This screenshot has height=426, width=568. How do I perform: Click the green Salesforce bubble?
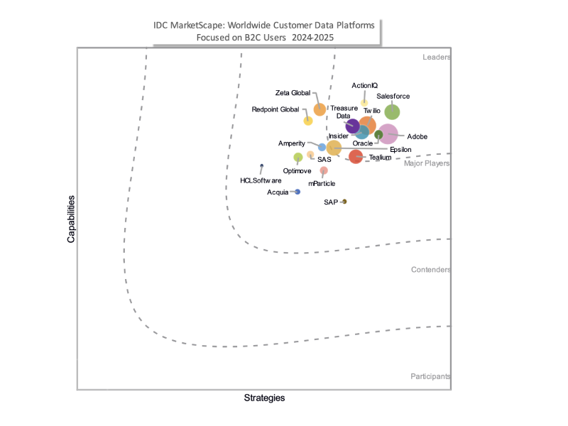[x=392, y=111]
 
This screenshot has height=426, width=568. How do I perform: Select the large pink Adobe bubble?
[x=388, y=133]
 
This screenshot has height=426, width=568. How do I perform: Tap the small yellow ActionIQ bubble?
[x=364, y=103]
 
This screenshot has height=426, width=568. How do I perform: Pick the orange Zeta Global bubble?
[x=319, y=109]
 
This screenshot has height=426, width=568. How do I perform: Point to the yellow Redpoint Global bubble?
[x=308, y=121]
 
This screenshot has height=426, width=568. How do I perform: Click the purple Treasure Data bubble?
[x=352, y=128]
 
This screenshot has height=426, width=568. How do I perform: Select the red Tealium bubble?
[x=356, y=157]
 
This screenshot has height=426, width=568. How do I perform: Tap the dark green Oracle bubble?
[x=378, y=135]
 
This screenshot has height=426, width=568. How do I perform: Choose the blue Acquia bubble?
[x=297, y=192]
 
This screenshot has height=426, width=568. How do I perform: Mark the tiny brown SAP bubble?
[x=344, y=202]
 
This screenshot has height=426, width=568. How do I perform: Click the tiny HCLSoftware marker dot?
[x=262, y=166]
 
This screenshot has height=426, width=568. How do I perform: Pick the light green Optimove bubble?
[x=298, y=157]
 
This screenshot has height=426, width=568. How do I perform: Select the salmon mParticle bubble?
[x=324, y=170]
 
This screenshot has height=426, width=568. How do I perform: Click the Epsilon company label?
[x=401, y=149]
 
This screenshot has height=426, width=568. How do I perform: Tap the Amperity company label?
[x=291, y=143]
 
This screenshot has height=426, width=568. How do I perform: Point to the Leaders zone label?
[x=436, y=58]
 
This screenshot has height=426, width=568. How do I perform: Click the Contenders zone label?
[x=431, y=270]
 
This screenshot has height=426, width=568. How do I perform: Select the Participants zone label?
[x=430, y=376]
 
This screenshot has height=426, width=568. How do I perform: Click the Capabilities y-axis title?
[x=71, y=219]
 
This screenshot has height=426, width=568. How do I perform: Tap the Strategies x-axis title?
[x=264, y=398]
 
